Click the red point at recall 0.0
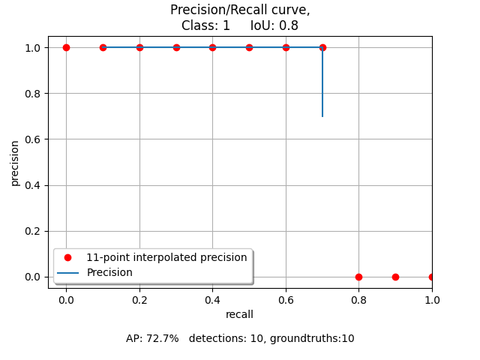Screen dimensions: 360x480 pos(66,47)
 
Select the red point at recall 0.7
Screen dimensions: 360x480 pos(322,47)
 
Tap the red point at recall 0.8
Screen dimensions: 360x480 pos(358,277)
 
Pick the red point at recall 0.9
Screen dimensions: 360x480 pos(395,277)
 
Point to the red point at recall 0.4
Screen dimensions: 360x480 pos(212,47)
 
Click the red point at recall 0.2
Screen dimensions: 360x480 pos(139,47)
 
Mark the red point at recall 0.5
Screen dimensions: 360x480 pos(249,47)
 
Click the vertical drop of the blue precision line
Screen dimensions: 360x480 pos(322,82)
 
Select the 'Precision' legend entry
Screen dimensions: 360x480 pos(109,272)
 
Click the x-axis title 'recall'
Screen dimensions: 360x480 pos(239,314)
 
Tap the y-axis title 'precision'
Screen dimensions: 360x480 pos(15,162)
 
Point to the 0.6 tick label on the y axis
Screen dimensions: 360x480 pos(34,139)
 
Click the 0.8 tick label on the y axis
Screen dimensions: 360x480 pos(34,94)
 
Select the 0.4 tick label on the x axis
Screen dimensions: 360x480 pos(212,299)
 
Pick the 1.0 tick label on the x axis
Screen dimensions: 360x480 pos(432,299)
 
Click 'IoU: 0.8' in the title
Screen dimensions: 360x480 pos(273,25)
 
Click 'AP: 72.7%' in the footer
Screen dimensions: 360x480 pos(152,338)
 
